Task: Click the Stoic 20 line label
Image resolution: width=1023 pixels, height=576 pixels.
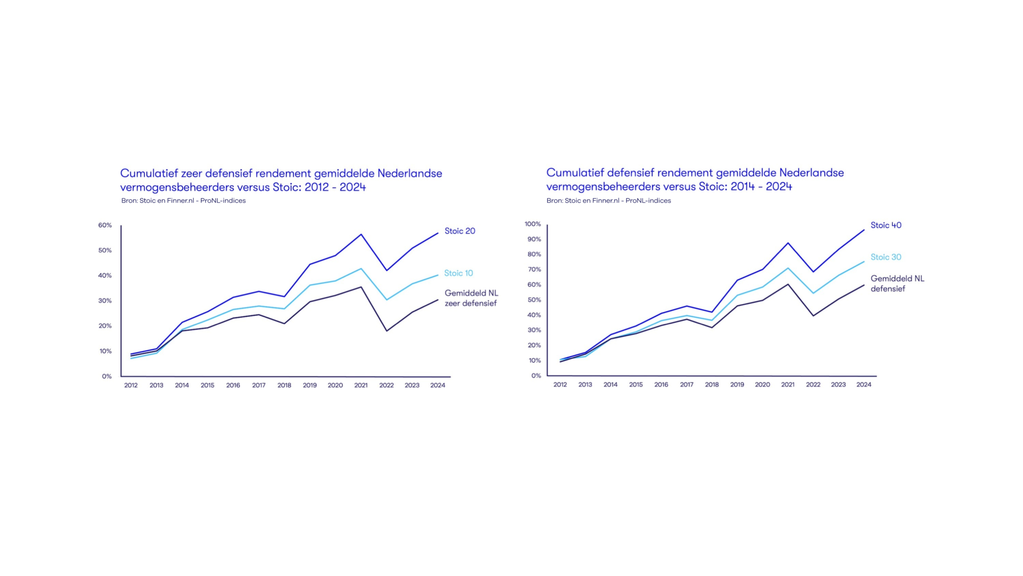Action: pos(459,231)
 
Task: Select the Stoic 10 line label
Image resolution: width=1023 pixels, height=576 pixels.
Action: pos(458,273)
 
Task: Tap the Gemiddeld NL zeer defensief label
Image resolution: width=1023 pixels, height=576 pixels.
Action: pos(471,298)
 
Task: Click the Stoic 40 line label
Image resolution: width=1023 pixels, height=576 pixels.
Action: pos(885,225)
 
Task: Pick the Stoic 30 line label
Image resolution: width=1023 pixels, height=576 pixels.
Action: pos(885,257)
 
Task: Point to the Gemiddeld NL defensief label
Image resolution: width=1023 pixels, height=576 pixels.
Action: pos(896,284)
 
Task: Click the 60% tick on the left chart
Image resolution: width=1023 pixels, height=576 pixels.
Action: pos(105,225)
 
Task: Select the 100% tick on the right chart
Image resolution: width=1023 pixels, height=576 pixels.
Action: pos(532,224)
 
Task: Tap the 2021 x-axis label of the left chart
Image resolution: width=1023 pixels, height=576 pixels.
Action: pos(361,385)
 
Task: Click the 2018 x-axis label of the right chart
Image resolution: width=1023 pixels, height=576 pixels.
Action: pos(711,384)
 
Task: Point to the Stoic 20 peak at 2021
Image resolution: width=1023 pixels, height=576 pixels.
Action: pos(361,234)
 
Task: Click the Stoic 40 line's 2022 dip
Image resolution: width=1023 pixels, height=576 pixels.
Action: pos(813,272)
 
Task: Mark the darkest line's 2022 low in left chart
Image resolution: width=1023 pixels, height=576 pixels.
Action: pos(387,331)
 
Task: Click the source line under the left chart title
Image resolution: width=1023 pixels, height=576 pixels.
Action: pos(183,201)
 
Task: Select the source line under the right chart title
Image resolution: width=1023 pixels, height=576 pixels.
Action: pos(608,201)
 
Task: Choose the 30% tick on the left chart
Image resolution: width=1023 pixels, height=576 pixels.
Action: pos(105,300)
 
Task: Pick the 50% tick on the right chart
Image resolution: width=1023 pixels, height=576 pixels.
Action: pos(534,300)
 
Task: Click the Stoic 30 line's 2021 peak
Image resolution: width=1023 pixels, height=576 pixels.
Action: pos(788,268)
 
